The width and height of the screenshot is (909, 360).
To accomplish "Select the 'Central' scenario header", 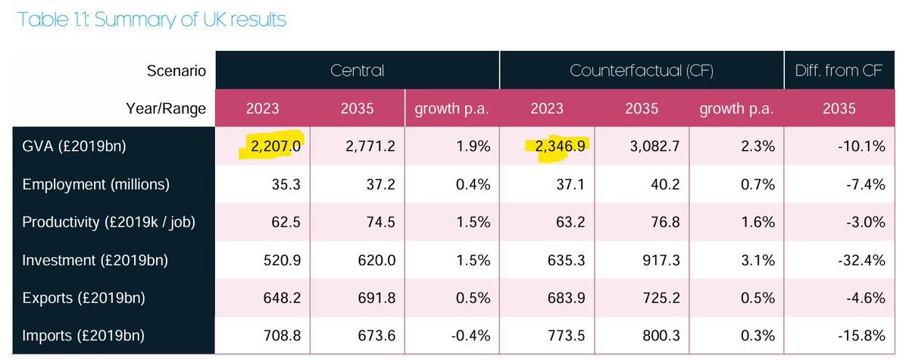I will (357, 71).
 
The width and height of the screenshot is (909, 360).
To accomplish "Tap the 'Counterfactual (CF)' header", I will (641, 71).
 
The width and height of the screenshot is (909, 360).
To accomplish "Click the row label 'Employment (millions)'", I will (96, 184).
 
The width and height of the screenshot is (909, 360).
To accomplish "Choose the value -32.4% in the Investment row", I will (863, 260).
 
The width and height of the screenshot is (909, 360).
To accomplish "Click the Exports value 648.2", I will (284, 297).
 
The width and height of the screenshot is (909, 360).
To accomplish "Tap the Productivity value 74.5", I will (359, 222).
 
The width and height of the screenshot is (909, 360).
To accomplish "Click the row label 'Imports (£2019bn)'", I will (83, 334).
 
